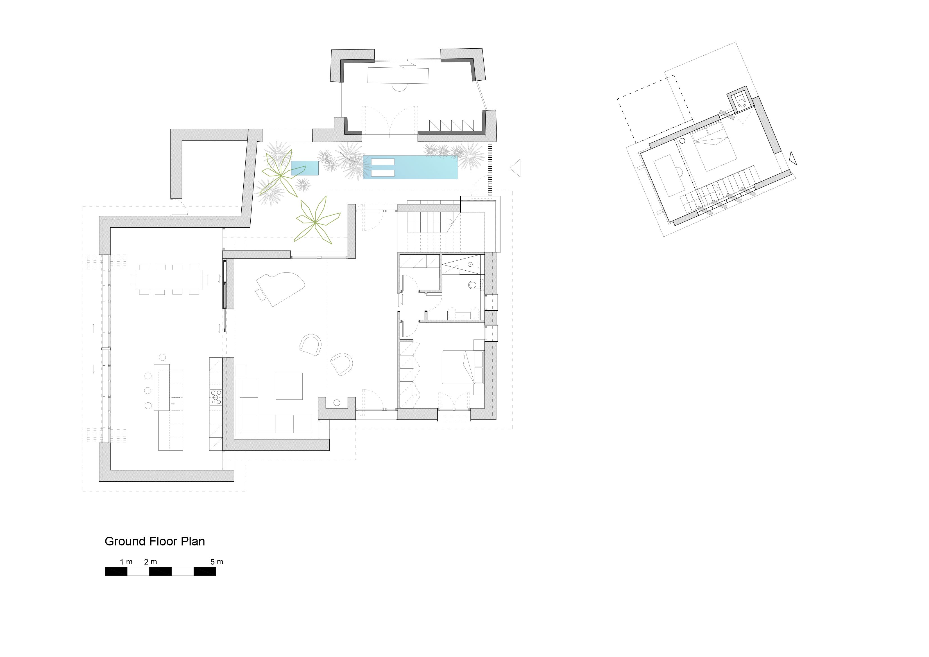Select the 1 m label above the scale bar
(x=126, y=562)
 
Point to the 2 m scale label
(x=151, y=562)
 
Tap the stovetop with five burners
(x=216, y=397)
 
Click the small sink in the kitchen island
(x=176, y=401)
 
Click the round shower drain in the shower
(x=471, y=264)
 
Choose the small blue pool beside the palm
(x=305, y=168)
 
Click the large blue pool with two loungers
(x=410, y=167)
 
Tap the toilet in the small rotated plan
(x=741, y=101)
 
